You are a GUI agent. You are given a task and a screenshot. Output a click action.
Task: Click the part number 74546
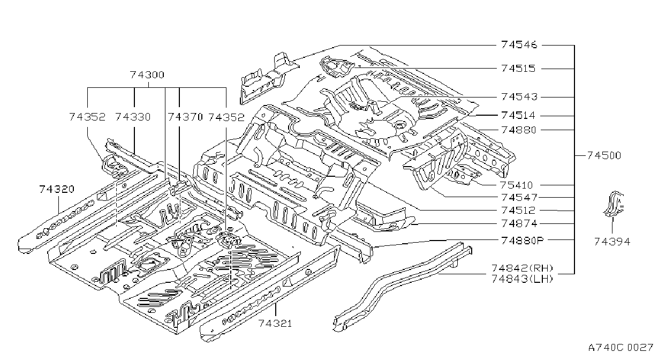point(519,45)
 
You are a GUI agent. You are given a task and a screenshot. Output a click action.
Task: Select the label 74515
point(518,69)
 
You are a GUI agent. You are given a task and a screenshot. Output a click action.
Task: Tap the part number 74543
point(519,96)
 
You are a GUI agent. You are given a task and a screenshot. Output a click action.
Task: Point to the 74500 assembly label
point(604,155)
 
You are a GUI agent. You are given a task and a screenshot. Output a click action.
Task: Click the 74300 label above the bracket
point(147,75)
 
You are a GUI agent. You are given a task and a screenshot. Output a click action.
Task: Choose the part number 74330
point(133,117)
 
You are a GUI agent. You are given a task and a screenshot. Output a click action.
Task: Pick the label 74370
point(185,117)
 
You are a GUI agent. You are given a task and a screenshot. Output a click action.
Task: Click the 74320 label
point(57,189)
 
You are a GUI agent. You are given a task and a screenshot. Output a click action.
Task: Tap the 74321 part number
point(275,324)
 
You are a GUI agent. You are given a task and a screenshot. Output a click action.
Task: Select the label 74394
point(612,242)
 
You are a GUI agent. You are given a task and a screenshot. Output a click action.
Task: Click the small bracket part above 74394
point(614,204)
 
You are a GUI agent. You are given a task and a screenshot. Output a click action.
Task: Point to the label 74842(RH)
point(523,268)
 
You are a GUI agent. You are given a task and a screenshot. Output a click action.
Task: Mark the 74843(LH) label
point(523,279)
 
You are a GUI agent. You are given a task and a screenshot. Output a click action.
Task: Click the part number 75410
point(516,185)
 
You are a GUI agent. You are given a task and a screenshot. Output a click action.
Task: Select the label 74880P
point(523,241)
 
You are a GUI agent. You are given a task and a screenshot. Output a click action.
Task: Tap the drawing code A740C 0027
point(621,348)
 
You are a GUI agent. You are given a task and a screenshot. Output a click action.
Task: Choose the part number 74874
point(519,223)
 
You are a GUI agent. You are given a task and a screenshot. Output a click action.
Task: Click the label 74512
point(518,211)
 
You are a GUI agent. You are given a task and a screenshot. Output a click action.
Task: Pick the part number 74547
point(519,197)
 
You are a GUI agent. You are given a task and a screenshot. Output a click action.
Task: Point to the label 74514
point(518,116)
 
